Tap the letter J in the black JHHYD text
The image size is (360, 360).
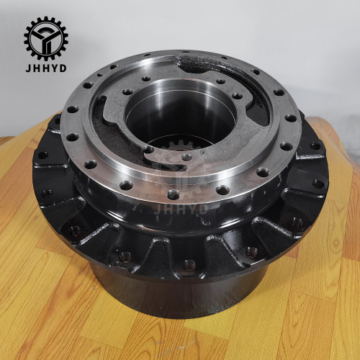28,68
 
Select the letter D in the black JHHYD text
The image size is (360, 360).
63,68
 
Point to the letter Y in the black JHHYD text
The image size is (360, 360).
55,68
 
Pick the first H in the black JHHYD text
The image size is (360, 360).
36,68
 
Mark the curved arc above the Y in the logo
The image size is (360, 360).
46,27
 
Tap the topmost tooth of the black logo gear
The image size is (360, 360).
46,19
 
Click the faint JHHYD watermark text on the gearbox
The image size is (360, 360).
181,210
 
